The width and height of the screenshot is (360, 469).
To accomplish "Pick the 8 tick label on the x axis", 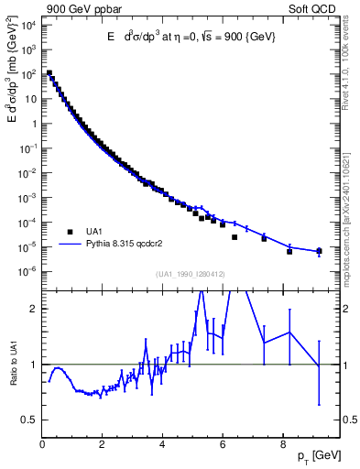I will [282, 446].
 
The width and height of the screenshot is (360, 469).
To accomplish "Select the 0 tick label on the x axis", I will [43, 446].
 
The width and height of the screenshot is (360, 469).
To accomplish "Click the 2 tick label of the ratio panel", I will [32, 309].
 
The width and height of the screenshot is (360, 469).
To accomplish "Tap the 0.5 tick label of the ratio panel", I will [28, 420].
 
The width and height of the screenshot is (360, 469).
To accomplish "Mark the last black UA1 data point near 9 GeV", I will [319, 251].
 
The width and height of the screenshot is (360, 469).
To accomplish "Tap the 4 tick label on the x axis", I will [162, 446].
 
